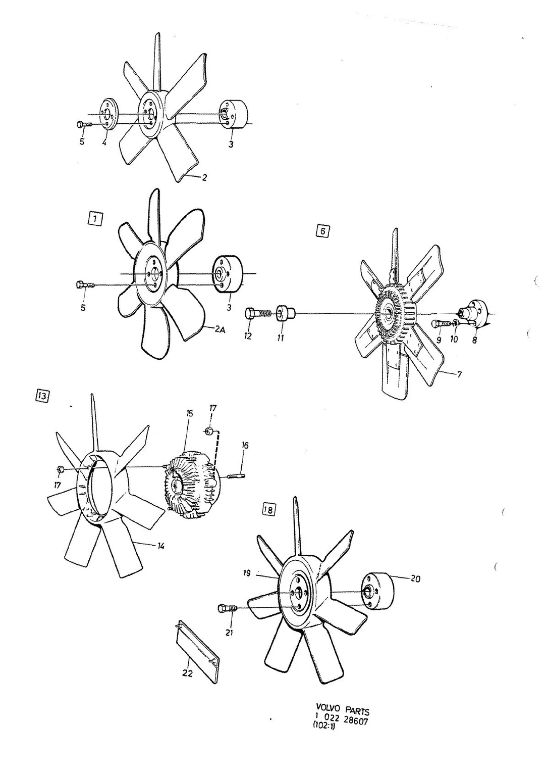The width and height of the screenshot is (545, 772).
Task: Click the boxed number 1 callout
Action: [x=95, y=218]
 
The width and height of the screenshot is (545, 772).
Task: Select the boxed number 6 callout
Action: [x=322, y=231]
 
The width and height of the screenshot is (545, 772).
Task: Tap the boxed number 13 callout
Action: [x=42, y=396]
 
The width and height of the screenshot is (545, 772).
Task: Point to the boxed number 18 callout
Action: [x=268, y=509]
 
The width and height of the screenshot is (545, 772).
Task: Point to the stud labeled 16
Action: [x=236, y=477]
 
